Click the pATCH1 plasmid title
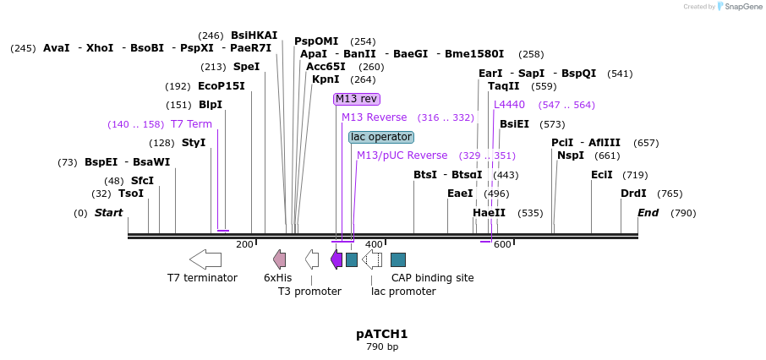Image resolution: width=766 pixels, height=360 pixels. pos(382,334)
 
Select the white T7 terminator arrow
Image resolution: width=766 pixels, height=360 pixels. pos(205,259)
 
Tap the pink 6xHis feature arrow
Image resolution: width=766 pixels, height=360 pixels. pos(279,259)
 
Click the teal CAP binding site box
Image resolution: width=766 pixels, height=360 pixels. pos(398,259)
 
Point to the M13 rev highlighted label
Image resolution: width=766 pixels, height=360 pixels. pos(356,99)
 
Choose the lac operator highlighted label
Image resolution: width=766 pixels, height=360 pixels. pos(381,137)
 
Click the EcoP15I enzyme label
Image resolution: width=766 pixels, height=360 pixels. pos(222,86)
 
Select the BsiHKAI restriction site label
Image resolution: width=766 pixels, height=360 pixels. pos(254,35)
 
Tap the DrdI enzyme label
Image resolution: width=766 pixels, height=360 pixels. pos(633,194)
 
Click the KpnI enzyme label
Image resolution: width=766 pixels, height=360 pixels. pos(326,80)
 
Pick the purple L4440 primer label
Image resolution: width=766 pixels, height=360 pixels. pos(509,105)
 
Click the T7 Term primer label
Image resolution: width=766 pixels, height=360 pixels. pos(191,124)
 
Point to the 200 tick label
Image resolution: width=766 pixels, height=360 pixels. pos(244,245)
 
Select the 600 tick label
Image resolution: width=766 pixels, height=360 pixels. pos(502,245)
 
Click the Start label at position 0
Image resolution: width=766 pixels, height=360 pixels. pos(108,213)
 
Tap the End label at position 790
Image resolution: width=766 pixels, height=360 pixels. pos(648,213)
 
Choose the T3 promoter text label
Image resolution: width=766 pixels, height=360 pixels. pos(309,292)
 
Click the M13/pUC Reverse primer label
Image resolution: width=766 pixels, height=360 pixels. pos(402,155)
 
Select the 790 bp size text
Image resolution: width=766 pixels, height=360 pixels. pos(382,347)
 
